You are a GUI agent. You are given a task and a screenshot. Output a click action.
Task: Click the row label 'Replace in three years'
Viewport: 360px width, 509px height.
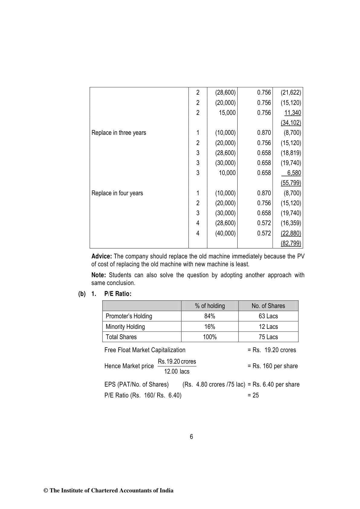(x=118, y=133)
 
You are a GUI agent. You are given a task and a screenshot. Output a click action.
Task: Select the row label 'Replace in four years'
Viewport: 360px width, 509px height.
(x=117, y=193)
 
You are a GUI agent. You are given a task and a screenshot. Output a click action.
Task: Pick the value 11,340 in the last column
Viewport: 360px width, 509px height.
(x=293, y=113)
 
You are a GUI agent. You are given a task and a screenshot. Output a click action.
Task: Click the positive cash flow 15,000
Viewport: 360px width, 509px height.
(x=227, y=113)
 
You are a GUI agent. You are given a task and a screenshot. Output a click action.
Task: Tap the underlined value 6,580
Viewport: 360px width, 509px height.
(x=294, y=173)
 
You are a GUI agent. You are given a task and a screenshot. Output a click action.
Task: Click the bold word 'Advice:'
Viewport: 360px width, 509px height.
(x=102, y=256)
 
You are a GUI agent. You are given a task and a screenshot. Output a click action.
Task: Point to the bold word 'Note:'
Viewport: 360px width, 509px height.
(x=99, y=275)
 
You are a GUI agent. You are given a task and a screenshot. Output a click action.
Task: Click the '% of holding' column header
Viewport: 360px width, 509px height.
(x=210, y=306)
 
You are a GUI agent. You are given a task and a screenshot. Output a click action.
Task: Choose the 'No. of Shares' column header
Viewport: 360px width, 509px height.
(x=268, y=306)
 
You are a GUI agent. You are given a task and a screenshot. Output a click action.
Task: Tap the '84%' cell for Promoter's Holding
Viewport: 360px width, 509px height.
(x=210, y=316)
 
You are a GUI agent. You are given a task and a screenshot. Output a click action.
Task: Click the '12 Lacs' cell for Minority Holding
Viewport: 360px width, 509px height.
(x=268, y=327)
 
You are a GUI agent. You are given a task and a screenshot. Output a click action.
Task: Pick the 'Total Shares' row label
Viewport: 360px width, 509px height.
(x=121, y=337)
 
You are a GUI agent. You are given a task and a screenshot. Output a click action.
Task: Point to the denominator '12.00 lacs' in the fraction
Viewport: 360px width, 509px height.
(x=177, y=371)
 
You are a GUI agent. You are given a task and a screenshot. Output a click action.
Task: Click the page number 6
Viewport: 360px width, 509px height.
(x=191, y=437)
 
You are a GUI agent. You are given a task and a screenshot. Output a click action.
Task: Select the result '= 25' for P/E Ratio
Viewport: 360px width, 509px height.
(x=253, y=395)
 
